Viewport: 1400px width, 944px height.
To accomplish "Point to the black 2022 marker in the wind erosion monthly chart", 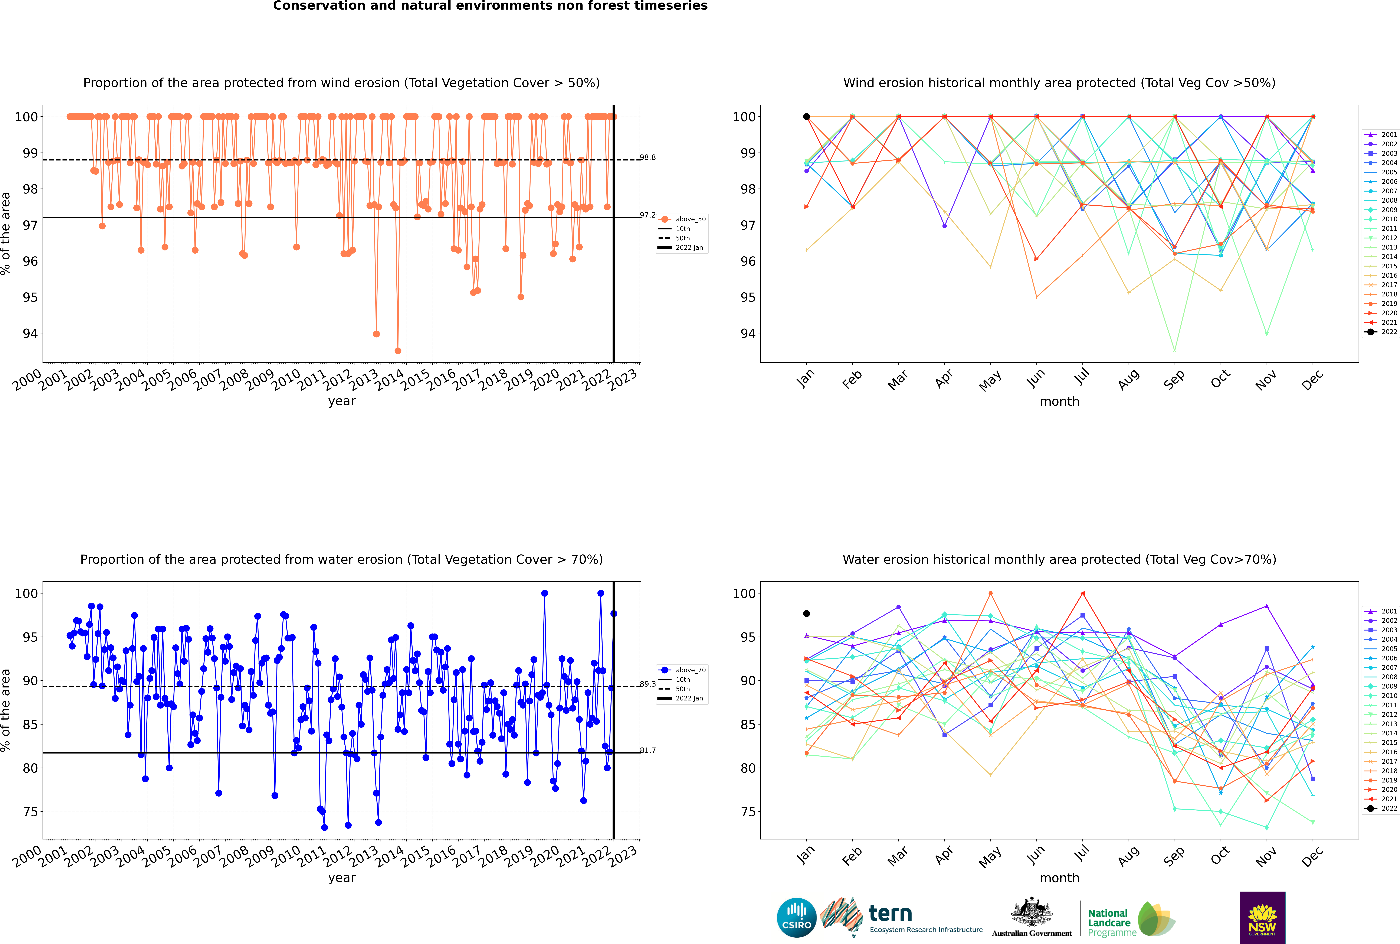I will point(807,117).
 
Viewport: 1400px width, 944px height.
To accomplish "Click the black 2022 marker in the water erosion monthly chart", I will point(807,613).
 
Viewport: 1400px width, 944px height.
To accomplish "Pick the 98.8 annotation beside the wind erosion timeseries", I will point(648,158).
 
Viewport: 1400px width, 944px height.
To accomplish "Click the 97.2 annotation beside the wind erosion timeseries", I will point(648,215).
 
